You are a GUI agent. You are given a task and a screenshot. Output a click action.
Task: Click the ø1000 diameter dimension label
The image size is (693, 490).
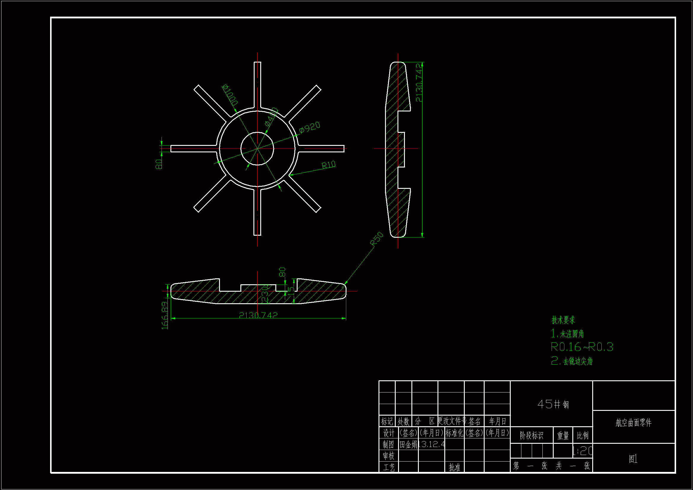(x=230, y=95)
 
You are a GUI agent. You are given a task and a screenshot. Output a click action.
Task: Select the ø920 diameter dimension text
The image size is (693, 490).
(x=310, y=127)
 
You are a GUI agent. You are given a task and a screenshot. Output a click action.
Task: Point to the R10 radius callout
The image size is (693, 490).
(x=328, y=165)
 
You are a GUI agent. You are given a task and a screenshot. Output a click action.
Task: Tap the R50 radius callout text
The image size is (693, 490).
(x=376, y=239)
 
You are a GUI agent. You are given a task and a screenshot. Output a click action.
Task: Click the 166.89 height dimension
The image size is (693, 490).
(x=165, y=315)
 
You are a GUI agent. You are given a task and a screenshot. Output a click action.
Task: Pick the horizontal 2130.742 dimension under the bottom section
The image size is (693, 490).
(x=258, y=315)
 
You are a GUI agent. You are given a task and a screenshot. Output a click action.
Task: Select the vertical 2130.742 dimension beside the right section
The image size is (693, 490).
(x=419, y=82)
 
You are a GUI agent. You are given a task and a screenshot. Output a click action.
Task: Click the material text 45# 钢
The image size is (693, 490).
(x=553, y=404)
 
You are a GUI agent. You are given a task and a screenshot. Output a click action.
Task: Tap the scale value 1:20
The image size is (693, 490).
(x=582, y=451)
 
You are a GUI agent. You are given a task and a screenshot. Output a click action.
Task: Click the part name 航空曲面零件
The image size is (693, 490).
(x=633, y=423)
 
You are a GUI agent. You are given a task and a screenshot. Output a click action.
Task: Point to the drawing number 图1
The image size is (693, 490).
(x=633, y=459)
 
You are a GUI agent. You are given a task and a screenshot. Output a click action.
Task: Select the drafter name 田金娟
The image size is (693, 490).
(x=408, y=444)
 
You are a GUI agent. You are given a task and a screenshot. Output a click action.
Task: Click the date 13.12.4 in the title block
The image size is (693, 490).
(x=432, y=444)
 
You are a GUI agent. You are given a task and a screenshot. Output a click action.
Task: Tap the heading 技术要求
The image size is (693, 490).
(x=563, y=320)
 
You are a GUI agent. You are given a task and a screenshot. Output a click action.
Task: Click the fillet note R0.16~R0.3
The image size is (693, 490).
(x=582, y=347)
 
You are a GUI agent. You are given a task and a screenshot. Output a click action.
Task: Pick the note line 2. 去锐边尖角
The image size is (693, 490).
(x=572, y=361)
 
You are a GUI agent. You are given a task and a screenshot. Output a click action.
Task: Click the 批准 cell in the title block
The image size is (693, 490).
(x=455, y=467)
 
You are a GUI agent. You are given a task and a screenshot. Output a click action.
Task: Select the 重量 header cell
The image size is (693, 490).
(x=563, y=435)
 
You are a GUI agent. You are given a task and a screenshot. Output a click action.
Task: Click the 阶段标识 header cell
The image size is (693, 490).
(x=531, y=435)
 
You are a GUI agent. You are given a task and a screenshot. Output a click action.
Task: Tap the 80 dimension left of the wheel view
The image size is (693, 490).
(x=159, y=164)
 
